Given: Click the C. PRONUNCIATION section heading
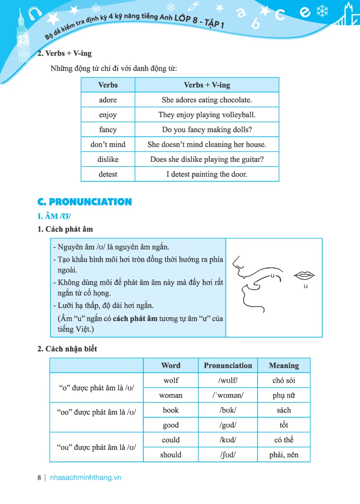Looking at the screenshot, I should (84, 202).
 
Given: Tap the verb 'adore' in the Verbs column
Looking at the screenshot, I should (108, 100).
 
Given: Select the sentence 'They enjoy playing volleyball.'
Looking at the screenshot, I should (207, 115).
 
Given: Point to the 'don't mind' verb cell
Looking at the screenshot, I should (108, 144).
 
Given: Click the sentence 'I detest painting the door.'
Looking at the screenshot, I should (207, 174).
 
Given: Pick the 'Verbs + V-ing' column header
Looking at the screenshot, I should (207, 85).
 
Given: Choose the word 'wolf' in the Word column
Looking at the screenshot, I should (171, 381).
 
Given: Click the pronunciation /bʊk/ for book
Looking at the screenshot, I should (228, 410).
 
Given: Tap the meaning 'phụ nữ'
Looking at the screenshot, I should (284, 396).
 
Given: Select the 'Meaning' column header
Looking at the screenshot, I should (284, 365).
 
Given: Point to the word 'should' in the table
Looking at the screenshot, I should (171, 455).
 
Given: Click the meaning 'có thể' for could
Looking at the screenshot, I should (284, 440).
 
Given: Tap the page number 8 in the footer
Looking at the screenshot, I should (39, 478).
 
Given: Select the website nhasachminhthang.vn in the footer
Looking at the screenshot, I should (85, 478).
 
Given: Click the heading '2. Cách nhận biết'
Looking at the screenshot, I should (67, 349).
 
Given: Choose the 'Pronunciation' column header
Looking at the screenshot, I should (228, 365).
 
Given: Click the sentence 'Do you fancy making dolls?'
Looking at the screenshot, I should (207, 130).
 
